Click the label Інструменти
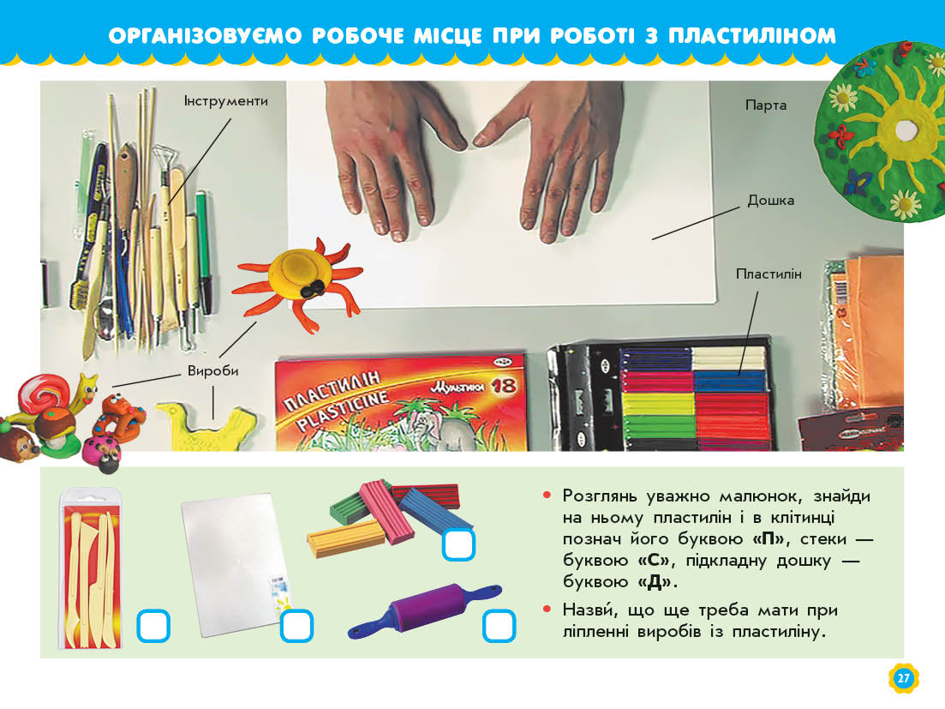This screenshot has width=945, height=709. [226, 101]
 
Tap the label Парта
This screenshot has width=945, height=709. [766, 105]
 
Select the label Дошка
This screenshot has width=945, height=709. [771, 200]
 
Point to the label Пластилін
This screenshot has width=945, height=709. [769, 274]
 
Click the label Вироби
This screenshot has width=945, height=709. [212, 371]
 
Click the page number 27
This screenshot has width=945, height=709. [903, 678]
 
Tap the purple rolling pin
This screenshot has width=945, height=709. [425, 610]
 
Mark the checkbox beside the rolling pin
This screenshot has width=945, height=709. [499, 626]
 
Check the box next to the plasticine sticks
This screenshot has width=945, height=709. [458, 544]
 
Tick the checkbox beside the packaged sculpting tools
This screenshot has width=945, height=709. [153, 626]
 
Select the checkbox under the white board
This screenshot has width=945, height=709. [296, 626]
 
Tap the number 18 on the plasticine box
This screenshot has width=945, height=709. [503, 385]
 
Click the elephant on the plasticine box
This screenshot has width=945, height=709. [437, 430]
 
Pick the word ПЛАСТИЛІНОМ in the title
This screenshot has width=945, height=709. [752, 36]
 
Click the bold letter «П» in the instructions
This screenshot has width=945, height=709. [769, 539]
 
